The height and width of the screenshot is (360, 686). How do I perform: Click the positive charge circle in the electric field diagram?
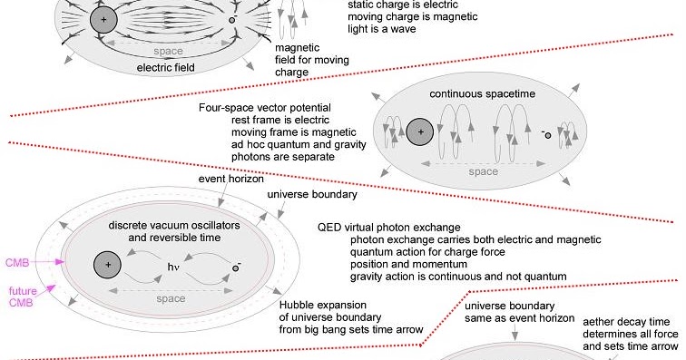click(x=104, y=19)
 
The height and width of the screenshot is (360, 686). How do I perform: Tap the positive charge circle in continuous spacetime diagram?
click(x=418, y=133)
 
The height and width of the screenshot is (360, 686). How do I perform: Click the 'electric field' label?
click(x=168, y=68)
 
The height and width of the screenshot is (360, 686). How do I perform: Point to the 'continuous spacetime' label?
click(x=475, y=94)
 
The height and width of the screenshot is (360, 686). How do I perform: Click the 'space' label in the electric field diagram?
click(x=168, y=52)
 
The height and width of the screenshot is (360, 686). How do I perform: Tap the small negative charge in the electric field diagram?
click(x=232, y=19)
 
